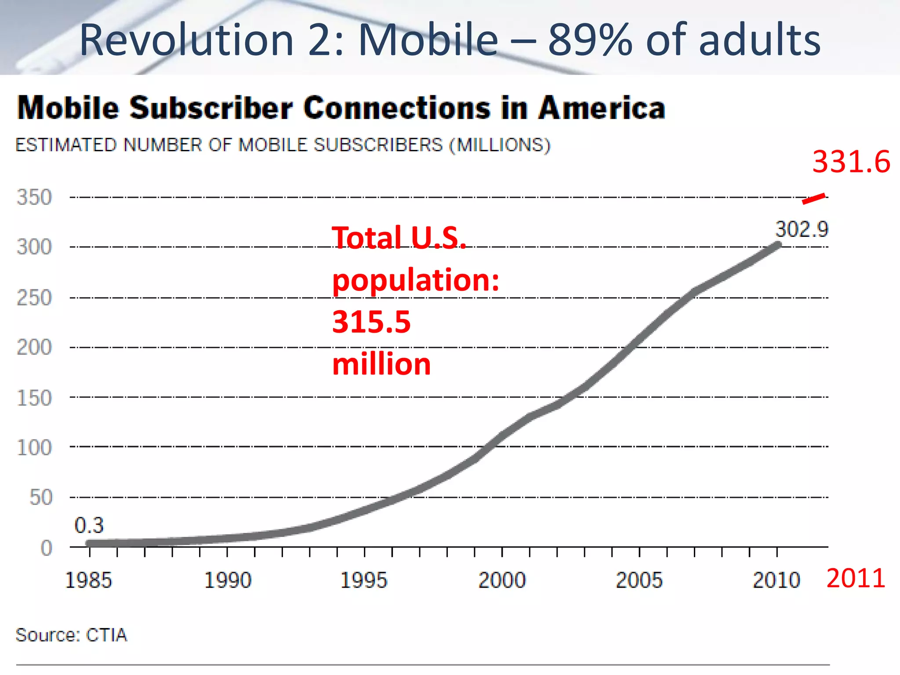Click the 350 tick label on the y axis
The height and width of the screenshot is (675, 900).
pos(34,197)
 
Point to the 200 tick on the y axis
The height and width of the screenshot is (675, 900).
pos(34,347)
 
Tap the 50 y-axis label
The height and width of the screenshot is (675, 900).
pos(41,497)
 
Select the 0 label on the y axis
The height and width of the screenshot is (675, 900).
pos(47,548)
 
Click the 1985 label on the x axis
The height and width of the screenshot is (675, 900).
pos(88,580)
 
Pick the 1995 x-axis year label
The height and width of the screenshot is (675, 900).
pos(364,580)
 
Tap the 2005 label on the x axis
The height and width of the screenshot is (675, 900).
pos(639,580)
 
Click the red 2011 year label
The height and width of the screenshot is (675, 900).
pos(856,578)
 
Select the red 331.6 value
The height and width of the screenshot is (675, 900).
pos(851,162)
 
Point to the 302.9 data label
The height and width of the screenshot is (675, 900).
pos(802,229)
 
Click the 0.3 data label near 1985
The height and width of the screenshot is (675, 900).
pos(89,525)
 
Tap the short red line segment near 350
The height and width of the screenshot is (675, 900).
pos(813,199)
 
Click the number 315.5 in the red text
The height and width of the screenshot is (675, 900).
pos(371,322)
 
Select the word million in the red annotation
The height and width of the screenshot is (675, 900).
pos(381,364)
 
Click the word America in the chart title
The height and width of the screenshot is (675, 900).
pos(602,108)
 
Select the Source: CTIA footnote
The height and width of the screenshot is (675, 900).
pos(71,635)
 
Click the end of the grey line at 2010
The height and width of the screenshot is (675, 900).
pos(778,245)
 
